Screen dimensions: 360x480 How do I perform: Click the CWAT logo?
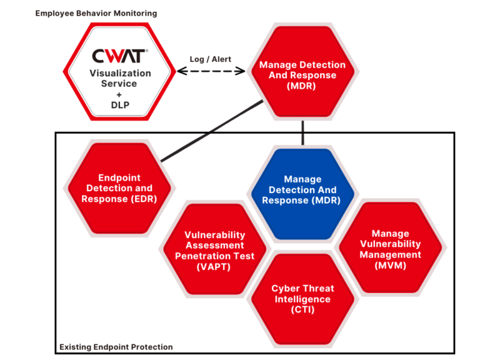click(x=121, y=56)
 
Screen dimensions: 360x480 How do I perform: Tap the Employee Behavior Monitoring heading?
click(x=96, y=13)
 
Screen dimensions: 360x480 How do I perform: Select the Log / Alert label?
click(x=211, y=59)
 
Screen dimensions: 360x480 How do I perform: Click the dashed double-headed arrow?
click(x=211, y=71)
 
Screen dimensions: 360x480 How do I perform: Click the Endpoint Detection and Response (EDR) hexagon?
click(x=119, y=187)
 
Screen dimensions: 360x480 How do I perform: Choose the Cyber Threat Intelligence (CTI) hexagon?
click(x=302, y=298)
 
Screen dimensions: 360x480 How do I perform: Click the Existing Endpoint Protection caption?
click(x=116, y=347)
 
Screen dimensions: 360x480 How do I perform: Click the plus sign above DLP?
click(x=121, y=94)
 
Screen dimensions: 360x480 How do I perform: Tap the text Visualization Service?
click(x=121, y=78)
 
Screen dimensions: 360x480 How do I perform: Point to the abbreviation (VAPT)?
click(x=214, y=266)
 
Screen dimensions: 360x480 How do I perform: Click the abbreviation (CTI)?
click(x=302, y=309)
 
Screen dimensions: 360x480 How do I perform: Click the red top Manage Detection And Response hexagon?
click(x=302, y=75)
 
